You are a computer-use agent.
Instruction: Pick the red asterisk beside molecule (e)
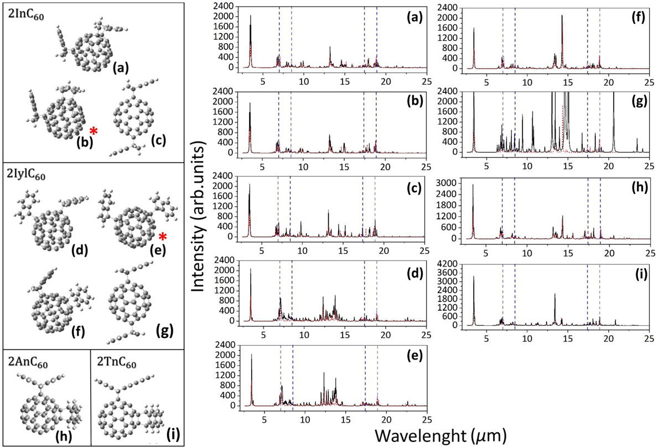point(162,237)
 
